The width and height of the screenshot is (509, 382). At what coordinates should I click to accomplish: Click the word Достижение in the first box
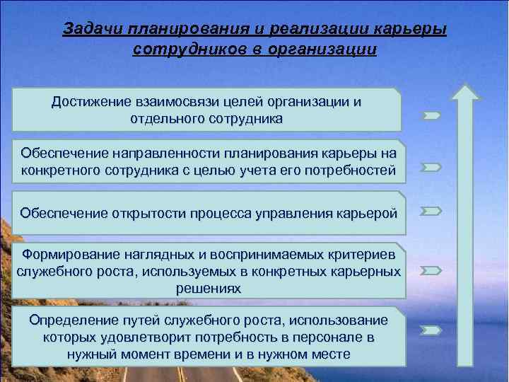tap(89, 102)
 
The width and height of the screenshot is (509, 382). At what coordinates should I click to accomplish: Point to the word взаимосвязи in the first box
tap(180, 102)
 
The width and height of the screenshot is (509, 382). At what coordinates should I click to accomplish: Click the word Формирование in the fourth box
tap(69, 255)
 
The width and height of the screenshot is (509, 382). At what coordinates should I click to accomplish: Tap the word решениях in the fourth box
tap(209, 289)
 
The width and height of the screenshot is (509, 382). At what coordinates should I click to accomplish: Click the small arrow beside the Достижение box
tap(432, 115)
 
